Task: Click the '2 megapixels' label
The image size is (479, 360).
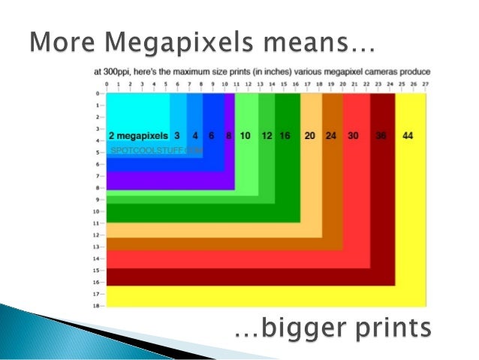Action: (138, 136)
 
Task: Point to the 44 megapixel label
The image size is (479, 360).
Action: (408, 136)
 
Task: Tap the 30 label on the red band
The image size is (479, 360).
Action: (353, 136)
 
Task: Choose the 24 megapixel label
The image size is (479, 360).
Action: (331, 136)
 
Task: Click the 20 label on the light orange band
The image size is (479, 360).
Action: (309, 136)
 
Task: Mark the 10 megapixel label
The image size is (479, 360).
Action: (245, 136)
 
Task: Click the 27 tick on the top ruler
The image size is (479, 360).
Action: (426, 84)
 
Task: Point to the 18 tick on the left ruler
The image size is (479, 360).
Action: (98, 306)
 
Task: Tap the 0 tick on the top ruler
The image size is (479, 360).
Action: (107, 84)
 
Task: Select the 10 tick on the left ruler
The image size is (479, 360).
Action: (98, 211)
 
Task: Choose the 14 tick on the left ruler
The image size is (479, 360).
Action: (98, 259)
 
